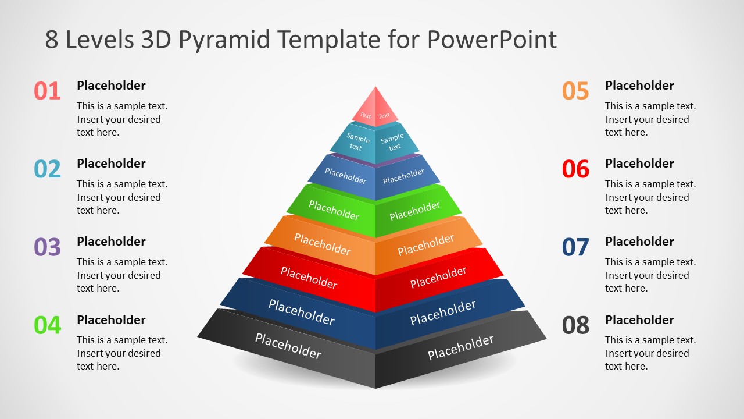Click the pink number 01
(x=47, y=91)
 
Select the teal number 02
(x=47, y=169)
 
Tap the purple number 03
(x=47, y=247)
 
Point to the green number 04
(x=47, y=325)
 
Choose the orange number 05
(x=575, y=91)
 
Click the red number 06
(x=575, y=169)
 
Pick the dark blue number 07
(x=575, y=247)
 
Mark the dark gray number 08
(x=575, y=325)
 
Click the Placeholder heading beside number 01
(x=111, y=86)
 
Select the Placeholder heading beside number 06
(x=639, y=164)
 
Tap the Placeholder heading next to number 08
(x=639, y=320)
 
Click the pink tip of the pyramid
(x=375, y=105)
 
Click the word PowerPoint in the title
(x=492, y=40)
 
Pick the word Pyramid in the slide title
(x=224, y=40)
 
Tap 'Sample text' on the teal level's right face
(x=393, y=142)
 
